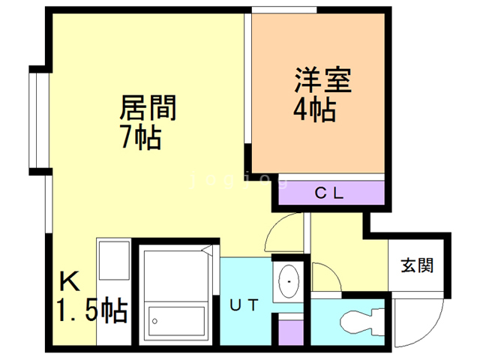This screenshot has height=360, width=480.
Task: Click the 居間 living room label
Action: click(x=148, y=110)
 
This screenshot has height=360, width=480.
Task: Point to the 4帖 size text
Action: click(x=313, y=110)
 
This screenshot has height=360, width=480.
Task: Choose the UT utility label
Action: click(x=244, y=305)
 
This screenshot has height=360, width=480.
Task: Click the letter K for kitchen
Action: click(x=69, y=283)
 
